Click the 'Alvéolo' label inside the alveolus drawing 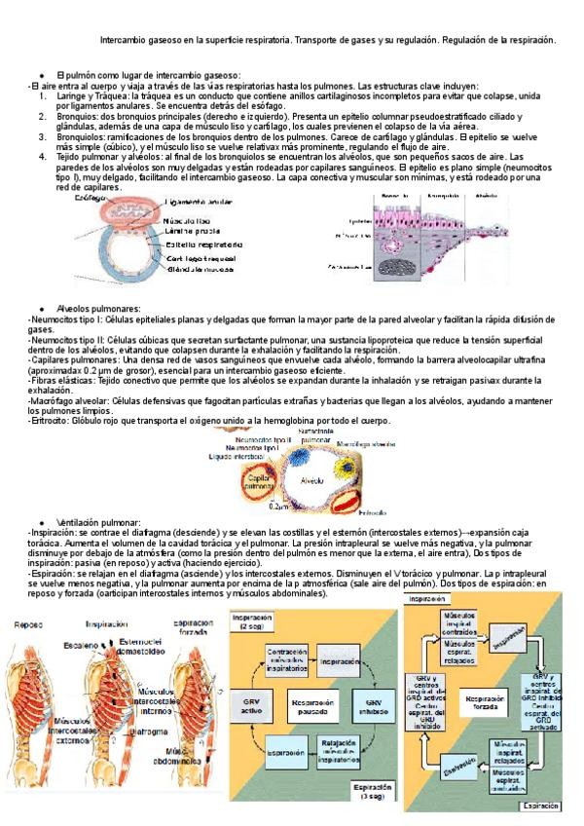tap(312, 479)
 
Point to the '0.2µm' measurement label tap(278, 507)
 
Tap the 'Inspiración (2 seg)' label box tap(253, 623)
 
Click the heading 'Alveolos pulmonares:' tap(99, 308)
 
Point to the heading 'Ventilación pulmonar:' tap(99, 523)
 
